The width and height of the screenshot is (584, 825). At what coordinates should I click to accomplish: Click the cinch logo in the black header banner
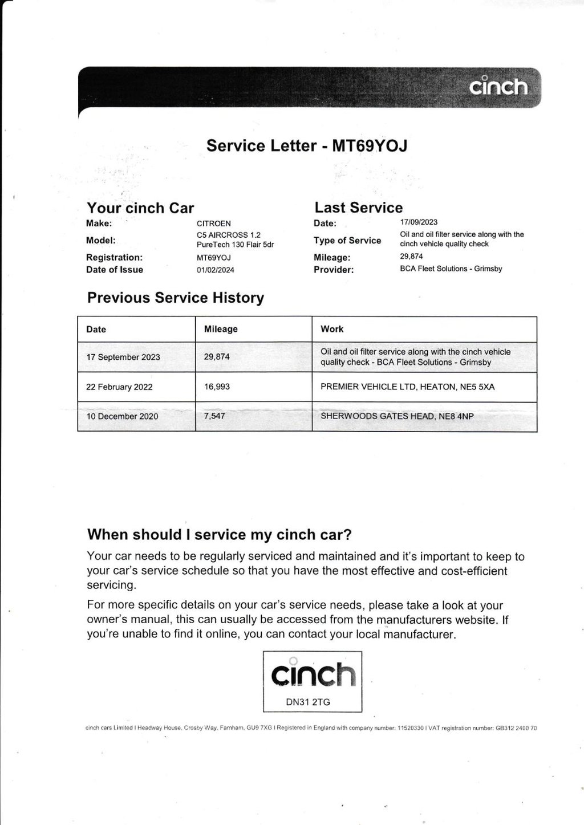(498, 87)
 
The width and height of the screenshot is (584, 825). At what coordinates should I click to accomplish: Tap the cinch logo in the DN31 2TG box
(313, 674)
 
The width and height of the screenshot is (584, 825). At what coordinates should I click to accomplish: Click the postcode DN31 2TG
(308, 702)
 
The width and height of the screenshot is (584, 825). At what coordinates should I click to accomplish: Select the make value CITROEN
(214, 223)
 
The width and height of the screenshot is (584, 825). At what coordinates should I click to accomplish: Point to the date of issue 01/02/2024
(216, 270)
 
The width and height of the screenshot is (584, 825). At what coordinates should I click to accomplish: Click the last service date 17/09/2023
(419, 222)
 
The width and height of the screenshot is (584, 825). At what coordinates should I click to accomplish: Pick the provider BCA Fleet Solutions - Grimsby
(451, 269)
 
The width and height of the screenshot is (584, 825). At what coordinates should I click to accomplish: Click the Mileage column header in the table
(221, 329)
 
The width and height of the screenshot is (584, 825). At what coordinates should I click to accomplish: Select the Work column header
(332, 329)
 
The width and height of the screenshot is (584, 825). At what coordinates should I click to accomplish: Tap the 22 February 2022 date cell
(119, 387)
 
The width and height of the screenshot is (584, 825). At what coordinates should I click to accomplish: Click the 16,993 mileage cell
(217, 387)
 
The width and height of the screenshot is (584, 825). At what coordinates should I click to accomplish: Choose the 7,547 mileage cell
(214, 416)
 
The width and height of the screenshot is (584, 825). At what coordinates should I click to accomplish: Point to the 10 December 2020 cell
(122, 416)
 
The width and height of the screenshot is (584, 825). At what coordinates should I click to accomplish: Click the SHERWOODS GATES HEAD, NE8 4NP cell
(397, 416)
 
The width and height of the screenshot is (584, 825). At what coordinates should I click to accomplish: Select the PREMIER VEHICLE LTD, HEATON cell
(407, 387)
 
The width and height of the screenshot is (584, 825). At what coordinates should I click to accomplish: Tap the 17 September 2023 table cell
(123, 357)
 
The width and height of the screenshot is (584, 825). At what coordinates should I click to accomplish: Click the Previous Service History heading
(176, 298)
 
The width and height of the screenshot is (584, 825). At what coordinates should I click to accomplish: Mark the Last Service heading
(359, 208)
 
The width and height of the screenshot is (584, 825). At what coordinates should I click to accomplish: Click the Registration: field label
(115, 258)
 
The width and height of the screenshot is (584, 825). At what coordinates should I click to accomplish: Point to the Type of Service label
(347, 241)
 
